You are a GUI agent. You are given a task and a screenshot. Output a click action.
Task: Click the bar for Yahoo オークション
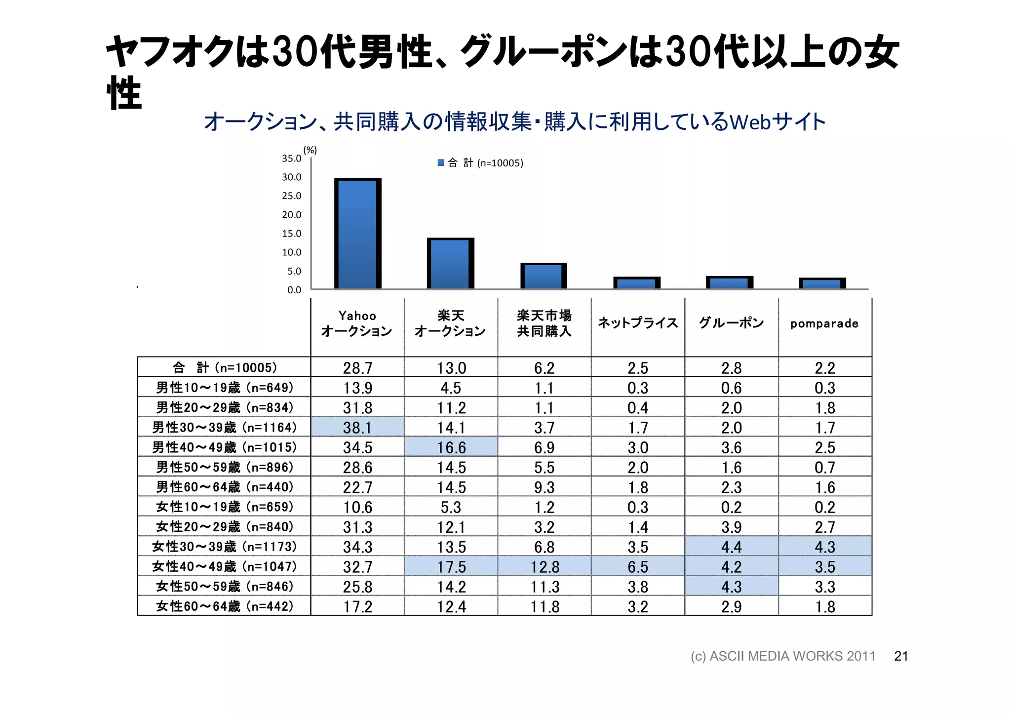pyautogui.click(x=357, y=234)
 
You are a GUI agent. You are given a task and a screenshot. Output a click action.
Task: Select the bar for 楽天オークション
pyautogui.click(x=450, y=264)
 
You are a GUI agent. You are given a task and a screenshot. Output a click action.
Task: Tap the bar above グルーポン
pyautogui.click(x=730, y=283)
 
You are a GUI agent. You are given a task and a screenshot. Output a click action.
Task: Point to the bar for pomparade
pyautogui.click(x=822, y=284)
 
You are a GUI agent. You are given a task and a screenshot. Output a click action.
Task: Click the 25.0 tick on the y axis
pyautogui.click(x=291, y=196)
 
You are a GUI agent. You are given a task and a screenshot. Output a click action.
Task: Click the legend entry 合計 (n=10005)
pyautogui.click(x=480, y=163)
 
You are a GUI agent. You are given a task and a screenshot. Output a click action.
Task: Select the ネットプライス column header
pyautogui.click(x=638, y=323)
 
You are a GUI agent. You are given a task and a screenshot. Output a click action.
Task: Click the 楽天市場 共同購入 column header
pyautogui.click(x=544, y=323)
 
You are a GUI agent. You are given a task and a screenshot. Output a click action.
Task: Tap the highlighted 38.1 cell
pyautogui.click(x=357, y=427)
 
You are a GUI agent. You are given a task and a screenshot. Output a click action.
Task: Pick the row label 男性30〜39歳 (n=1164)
pyautogui.click(x=224, y=427)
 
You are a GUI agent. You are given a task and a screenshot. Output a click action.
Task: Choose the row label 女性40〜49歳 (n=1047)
pyautogui.click(x=224, y=566)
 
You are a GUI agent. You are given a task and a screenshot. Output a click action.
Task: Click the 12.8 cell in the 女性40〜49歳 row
pyautogui.click(x=544, y=566)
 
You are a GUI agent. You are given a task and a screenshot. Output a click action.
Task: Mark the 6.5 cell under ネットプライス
pyautogui.click(x=638, y=566)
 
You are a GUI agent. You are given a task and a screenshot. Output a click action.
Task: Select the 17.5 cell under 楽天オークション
pyautogui.click(x=451, y=566)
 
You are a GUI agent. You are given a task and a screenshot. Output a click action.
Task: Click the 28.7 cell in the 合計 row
pyautogui.click(x=357, y=368)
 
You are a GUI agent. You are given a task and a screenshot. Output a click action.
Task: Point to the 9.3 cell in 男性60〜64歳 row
pyautogui.click(x=544, y=487)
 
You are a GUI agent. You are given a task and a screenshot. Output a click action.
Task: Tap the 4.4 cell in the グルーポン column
pyautogui.click(x=731, y=547)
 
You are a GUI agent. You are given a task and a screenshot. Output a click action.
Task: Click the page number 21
pyautogui.click(x=901, y=656)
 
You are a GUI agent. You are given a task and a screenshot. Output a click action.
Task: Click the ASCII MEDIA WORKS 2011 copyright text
pyautogui.click(x=782, y=656)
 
